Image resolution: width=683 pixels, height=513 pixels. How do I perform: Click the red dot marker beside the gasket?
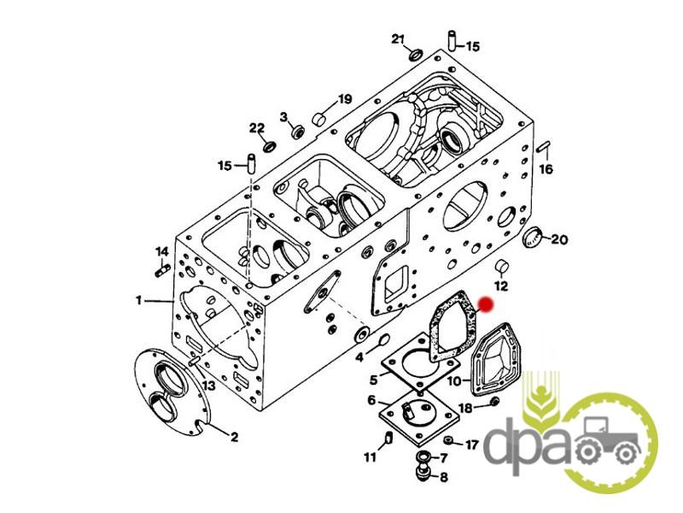point(486,304)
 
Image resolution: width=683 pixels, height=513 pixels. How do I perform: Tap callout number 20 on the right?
point(558,239)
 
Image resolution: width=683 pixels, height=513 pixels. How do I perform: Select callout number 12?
point(501,285)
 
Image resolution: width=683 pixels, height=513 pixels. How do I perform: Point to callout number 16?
point(546,168)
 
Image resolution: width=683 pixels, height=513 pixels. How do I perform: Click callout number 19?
point(344,99)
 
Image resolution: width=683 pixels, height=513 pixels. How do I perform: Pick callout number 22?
point(257,128)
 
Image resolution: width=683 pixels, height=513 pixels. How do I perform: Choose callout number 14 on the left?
point(162,251)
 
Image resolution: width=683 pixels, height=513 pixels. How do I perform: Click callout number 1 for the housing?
point(138,300)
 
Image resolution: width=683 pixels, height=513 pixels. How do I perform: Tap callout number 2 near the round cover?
point(235,437)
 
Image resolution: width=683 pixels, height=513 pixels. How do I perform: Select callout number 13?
point(209,386)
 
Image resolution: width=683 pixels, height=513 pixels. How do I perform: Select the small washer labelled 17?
point(449,440)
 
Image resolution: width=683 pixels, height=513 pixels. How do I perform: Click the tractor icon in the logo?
point(610,441)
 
